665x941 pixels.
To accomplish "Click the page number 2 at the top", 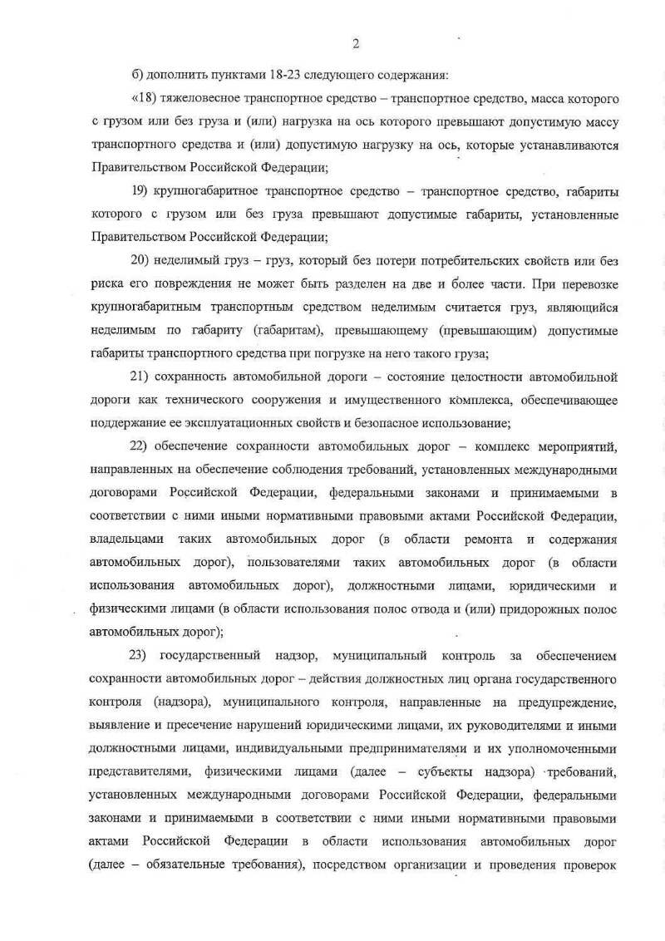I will click(355, 44).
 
